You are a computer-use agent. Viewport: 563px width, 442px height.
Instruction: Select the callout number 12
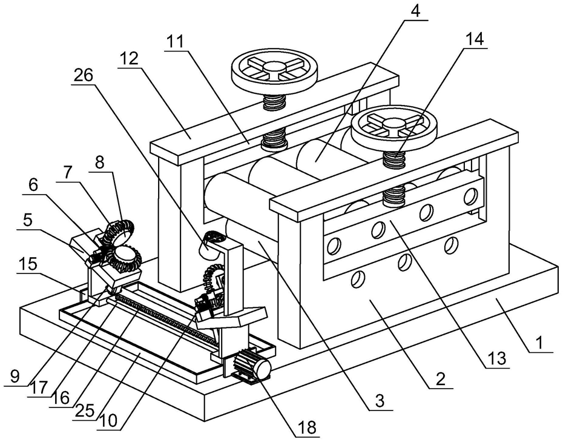click(x=130, y=58)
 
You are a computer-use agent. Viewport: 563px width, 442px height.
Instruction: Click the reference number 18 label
click(x=308, y=427)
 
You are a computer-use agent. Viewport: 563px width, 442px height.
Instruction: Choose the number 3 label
click(x=380, y=400)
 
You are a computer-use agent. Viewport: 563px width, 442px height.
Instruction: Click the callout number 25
click(x=85, y=410)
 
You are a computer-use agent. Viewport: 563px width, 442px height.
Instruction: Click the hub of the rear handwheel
click(x=274, y=67)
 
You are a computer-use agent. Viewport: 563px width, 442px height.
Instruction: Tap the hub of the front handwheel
click(x=394, y=124)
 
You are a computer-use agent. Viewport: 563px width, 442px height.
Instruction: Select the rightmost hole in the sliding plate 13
click(x=470, y=196)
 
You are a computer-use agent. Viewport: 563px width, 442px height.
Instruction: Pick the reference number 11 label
click(x=175, y=41)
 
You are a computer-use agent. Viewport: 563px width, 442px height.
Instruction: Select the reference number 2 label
click(x=440, y=378)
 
